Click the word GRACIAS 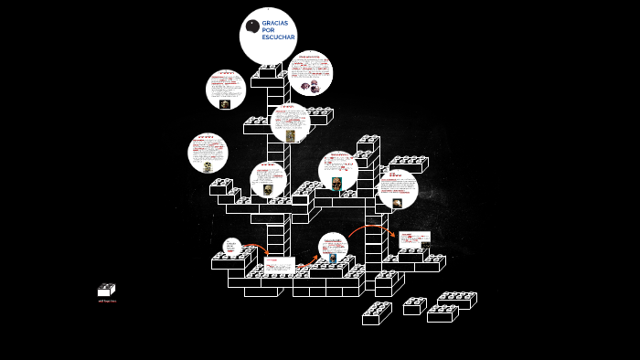pyautogui.click(x=274, y=23)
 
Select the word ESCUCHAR pyautogui.click(x=278, y=37)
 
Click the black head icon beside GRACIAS pyautogui.click(x=252, y=26)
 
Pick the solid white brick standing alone pyautogui.click(x=106, y=290)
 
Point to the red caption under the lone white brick pyautogui.click(x=107, y=301)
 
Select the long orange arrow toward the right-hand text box pyautogui.click(x=369, y=228)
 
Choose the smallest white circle pyautogui.click(x=232, y=247)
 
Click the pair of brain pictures pyautogui.click(x=310, y=86)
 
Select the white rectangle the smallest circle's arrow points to pyautogui.click(x=280, y=265)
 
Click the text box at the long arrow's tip pyautogui.click(x=414, y=239)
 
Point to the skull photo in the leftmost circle pyautogui.click(x=208, y=166)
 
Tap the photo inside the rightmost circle pyautogui.click(x=397, y=203)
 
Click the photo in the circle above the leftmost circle pyautogui.click(x=225, y=104)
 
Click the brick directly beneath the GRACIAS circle pyautogui.click(x=267, y=72)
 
